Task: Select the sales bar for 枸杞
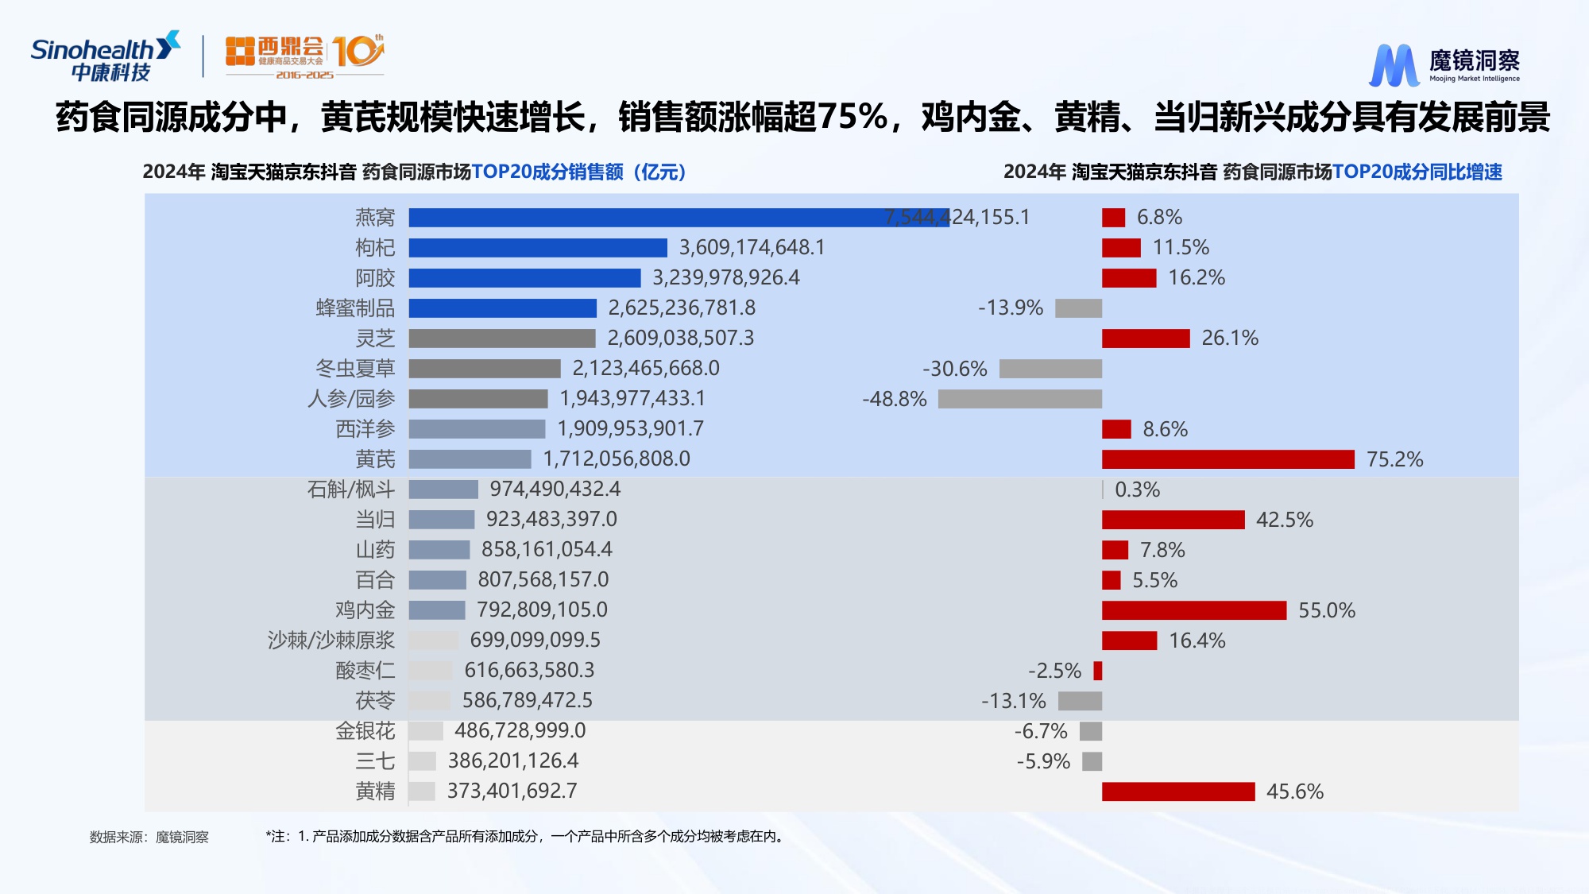click(x=538, y=248)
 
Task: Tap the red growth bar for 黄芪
click(x=1228, y=459)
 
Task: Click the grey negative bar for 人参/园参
click(x=1019, y=399)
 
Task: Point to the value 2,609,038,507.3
click(x=681, y=339)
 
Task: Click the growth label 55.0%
click(x=1326, y=610)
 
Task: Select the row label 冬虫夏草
click(x=355, y=369)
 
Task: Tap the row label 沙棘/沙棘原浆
click(x=331, y=641)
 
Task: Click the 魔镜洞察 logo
click(x=1444, y=64)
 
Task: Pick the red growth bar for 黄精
click(x=1177, y=791)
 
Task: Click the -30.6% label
click(x=954, y=369)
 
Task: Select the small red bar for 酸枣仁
click(x=1098, y=671)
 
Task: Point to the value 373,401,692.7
click(x=512, y=791)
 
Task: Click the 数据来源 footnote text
click(x=149, y=837)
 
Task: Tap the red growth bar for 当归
click(x=1173, y=520)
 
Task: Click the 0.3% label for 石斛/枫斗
click(x=1137, y=490)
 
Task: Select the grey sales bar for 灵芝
click(x=501, y=339)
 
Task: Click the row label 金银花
click(x=365, y=731)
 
